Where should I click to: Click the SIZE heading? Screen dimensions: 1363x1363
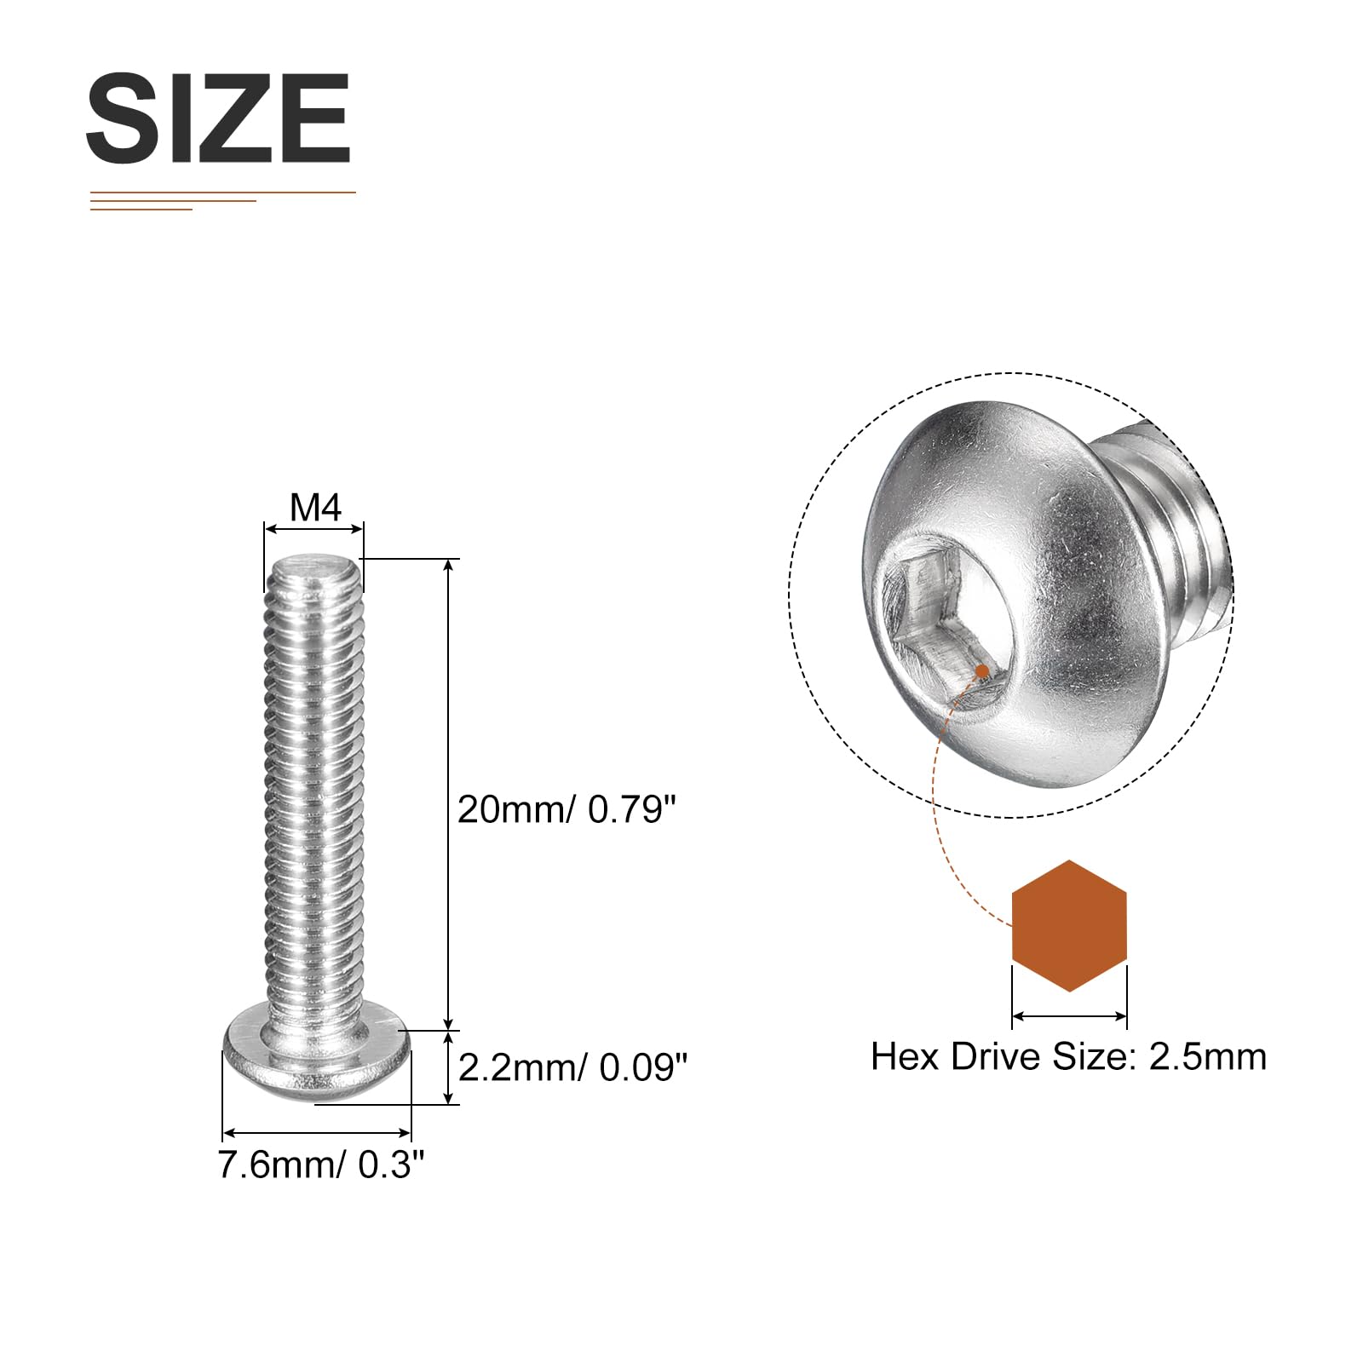[218, 118]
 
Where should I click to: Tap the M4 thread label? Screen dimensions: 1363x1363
[315, 508]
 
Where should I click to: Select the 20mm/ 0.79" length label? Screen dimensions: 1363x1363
[566, 809]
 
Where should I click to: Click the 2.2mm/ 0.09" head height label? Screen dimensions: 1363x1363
[572, 1067]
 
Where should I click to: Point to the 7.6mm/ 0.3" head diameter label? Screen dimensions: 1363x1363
[321, 1165]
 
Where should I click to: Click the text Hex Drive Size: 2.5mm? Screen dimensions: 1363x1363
[1069, 1056]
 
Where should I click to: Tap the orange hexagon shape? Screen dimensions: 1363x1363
[1069, 926]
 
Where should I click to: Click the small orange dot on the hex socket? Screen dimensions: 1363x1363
[982, 671]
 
